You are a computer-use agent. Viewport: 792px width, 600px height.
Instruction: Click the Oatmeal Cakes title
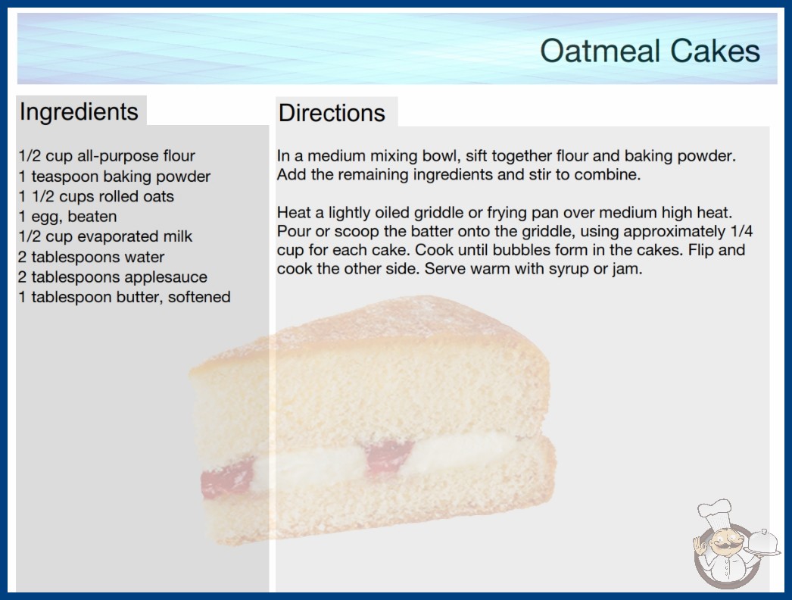point(650,51)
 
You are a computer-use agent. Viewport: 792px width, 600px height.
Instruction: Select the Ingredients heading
point(79,112)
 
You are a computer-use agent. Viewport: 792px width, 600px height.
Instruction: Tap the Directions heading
point(332,113)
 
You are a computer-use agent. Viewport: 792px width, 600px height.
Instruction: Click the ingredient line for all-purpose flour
point(107,156)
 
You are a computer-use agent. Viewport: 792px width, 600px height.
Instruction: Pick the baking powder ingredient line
point(114,177)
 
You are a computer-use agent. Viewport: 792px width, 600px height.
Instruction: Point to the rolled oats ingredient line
point(96,196)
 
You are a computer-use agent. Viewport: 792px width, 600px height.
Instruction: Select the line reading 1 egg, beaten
point(67,217)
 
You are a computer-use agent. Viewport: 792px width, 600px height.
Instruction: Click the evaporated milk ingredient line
point(105,236)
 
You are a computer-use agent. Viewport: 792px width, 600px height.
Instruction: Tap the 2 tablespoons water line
point(91,257)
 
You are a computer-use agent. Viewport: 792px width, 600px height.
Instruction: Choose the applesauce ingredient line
point(113,277)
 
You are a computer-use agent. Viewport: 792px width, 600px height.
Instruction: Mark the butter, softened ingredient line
point(124,297)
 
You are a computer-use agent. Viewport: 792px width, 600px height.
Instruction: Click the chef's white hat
point(714,511)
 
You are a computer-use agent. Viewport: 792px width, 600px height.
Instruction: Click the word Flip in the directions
point(697,250)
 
